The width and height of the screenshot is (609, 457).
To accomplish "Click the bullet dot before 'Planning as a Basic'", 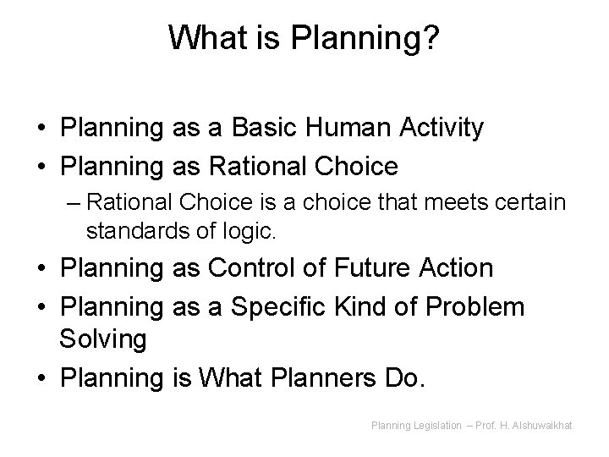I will (41, 129).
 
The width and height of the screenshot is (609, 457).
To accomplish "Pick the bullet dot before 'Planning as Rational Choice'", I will (41, 167).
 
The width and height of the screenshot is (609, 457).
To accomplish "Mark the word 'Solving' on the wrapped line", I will (102, 340).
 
